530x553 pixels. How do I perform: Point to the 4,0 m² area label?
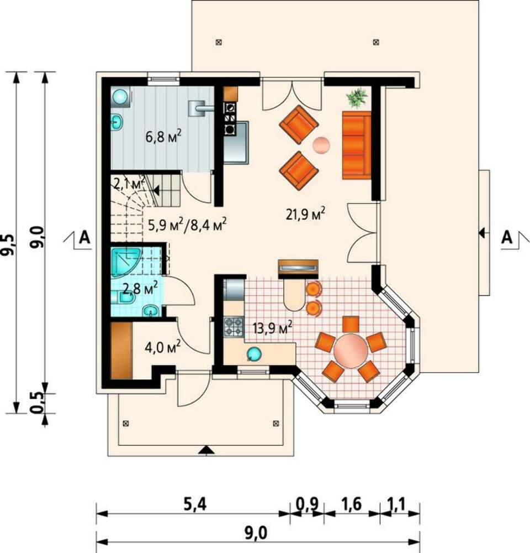(163, 347)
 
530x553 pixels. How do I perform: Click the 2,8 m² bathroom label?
(140, 289)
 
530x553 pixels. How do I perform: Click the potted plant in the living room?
(357, 98)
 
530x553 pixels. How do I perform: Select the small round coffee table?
(321, 144)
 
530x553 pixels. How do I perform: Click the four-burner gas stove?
(234, 327)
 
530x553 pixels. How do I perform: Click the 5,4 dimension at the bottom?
(195, 504)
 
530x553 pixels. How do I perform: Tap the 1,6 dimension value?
(351, 504)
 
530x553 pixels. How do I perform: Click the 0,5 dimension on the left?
(36, 403)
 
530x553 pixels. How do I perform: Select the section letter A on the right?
(507, 237)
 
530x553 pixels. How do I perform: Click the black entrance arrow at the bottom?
(206, 450)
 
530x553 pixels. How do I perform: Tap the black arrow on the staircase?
(155, 191)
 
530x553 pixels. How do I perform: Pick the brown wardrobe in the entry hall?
(121, 350)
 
